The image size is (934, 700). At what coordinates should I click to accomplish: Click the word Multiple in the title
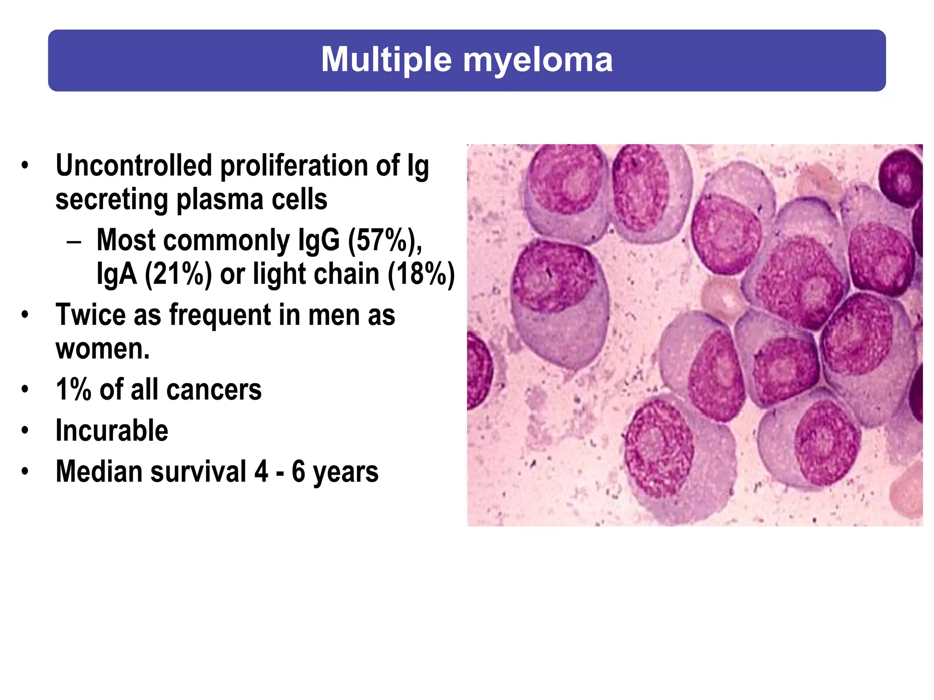[386, 60]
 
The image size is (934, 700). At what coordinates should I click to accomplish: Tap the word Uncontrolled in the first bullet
[134, 165]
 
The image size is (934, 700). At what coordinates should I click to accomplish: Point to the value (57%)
[383, 240]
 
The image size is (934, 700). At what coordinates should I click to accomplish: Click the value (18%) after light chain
[421, 274]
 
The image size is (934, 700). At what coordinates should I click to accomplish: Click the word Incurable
[112, 431]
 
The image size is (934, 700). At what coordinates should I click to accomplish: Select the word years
[345, 472]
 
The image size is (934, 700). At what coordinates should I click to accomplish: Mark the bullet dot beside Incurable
[25, 431]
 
